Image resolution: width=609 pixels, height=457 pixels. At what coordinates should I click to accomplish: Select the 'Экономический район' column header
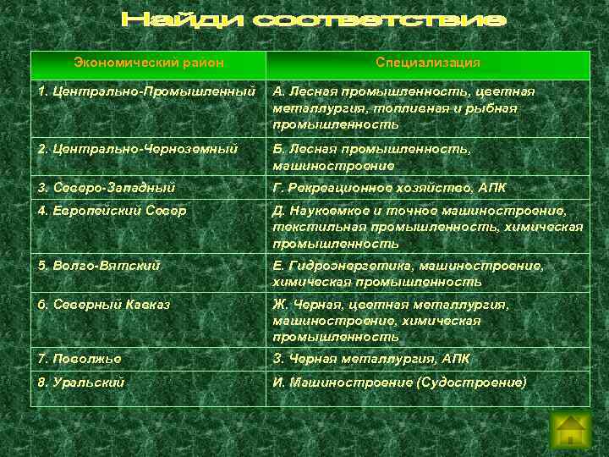pos(148,63)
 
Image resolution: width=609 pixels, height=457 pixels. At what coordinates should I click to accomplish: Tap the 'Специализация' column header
pos(428,63)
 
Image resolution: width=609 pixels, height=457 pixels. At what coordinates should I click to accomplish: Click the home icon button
pos(570,429)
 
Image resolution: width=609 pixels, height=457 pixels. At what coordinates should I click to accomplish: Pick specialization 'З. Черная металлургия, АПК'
pos(371,359)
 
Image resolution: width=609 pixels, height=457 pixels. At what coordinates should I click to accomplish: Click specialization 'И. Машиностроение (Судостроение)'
pos(399,382)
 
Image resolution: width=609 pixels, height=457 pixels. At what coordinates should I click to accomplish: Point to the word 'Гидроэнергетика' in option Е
pos(337,266)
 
